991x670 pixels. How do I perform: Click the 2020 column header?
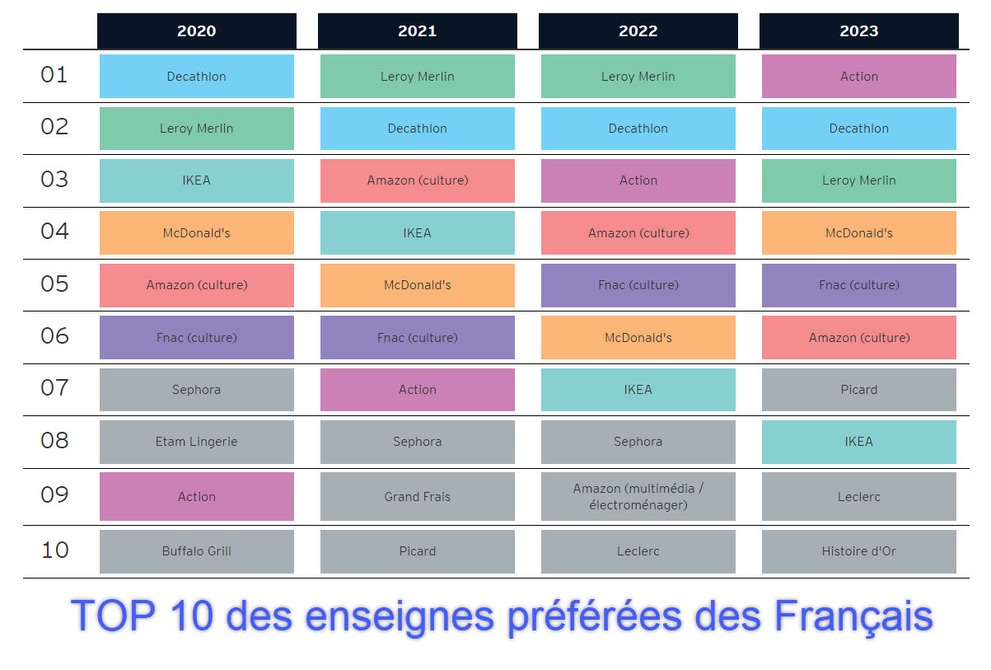tap(196, 31)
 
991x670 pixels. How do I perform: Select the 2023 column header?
tap(858, 31)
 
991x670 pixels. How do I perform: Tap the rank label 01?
tap(54, 75)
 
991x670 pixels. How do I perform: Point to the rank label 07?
tap(54, 387)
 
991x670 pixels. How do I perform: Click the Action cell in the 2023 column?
tap(858, 77)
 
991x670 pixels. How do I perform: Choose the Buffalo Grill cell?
tap(196, 551)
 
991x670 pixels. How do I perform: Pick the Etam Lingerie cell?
tap(196, 442)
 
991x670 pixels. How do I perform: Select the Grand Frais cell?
tap(417, 497)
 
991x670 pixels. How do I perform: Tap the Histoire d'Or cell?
tap(858, 551)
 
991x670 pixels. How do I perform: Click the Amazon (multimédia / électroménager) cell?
tap(638, 497)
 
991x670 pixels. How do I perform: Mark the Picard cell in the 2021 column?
tap(417, 551)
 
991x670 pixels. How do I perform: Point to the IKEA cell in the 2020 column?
tap(196, 180)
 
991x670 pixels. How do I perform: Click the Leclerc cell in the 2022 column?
tap(638, 551)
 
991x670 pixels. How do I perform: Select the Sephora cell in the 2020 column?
tap(196, 390)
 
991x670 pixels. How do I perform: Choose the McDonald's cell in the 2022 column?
tap(638, 338)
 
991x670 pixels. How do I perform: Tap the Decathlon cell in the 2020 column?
tap(196, 77)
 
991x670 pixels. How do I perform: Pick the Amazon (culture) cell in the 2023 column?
tap(858, 338)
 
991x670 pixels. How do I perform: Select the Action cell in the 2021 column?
tap(417, 390)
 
